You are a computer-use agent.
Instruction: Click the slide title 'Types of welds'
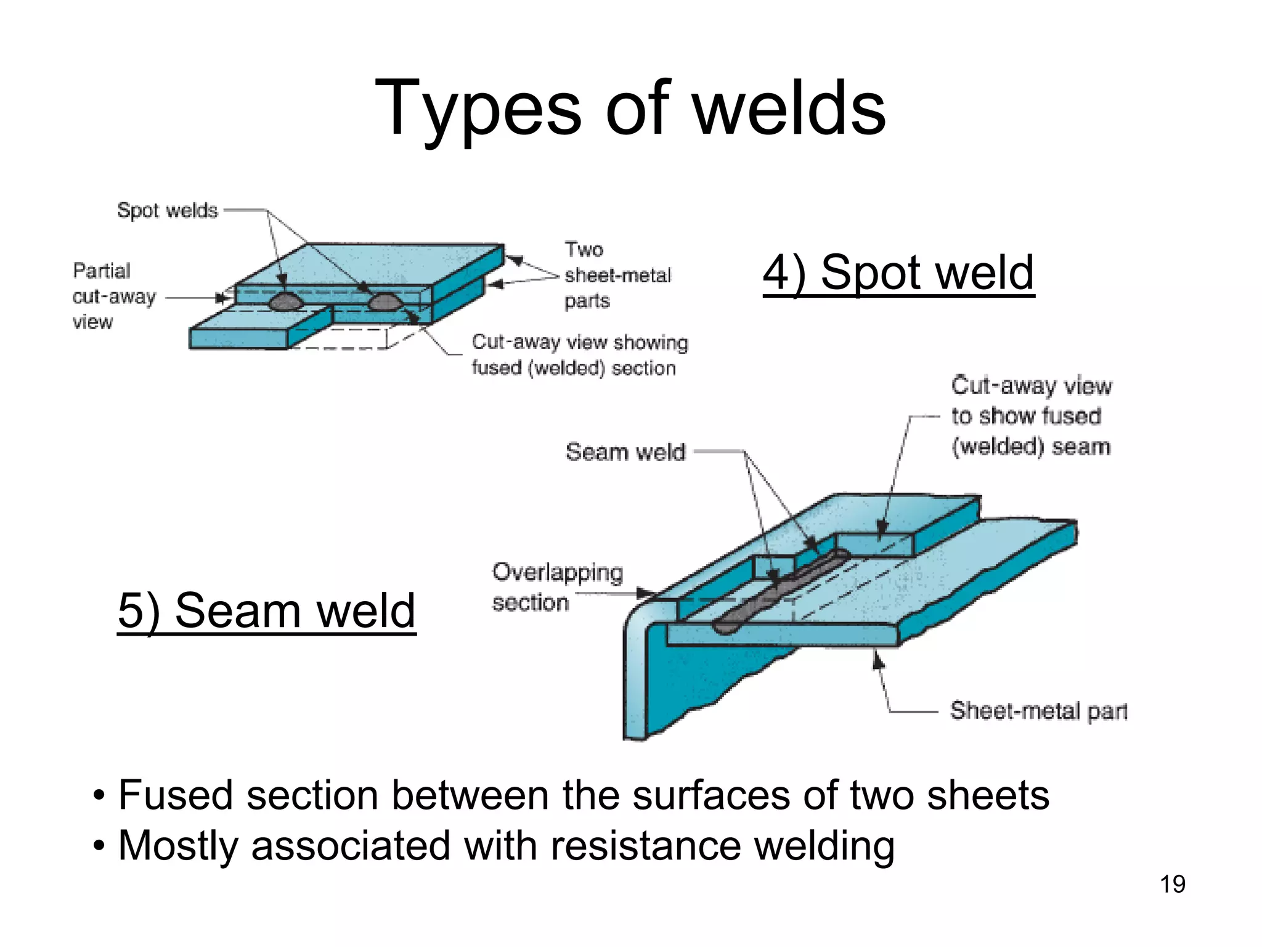(x=630, y=109)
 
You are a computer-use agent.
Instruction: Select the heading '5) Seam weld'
(x=267, y=610)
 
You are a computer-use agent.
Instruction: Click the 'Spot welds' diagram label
(x=167, y=210)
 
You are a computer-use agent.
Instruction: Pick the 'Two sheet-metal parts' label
(x=617, y=275)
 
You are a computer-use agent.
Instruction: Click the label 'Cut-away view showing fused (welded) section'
(x=579, y=355)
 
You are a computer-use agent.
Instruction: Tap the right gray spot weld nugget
(x=384, y=301)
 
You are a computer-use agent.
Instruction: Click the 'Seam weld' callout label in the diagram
(x=625, y=452)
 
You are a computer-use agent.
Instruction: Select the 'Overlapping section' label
(x=557, y=587)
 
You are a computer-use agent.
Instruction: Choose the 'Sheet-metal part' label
(x=1039, y=711)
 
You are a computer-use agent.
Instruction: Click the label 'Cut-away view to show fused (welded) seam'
(x=1031, y=416)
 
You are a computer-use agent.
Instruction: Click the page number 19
(x=1172, y=884)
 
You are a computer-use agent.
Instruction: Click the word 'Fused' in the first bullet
(x=175, y=795)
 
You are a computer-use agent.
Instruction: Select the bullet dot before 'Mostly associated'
(x=99, y=847)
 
